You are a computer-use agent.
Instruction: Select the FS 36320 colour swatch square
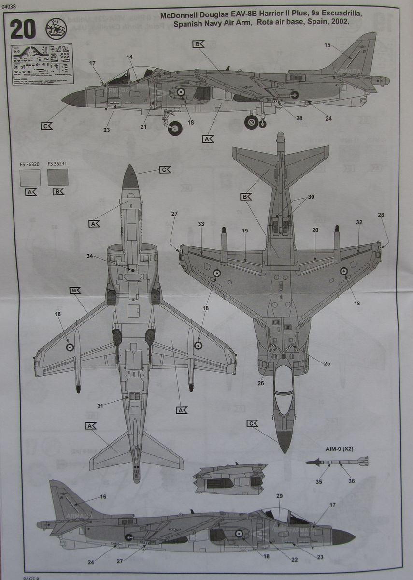pyautogui.click(x=30, y=177)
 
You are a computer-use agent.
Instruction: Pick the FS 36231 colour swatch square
pyautogui.click(x=57, y=177)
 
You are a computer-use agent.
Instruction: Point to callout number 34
pyautogui.click(x=90, y=256)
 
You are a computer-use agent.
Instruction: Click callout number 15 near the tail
pyautogui.click(x=328, y=45)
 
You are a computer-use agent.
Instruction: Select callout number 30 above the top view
pyautogui.click(x=310, y=197)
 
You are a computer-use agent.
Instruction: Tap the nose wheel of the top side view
pyautogui.click(x=175, y=127)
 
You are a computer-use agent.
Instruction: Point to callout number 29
pyautogui.click(x=279, y=496)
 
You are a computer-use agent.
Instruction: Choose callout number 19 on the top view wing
pyautogui.click(x=245, y=231)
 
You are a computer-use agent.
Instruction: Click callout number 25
pyautogui.click(x=327, y=363)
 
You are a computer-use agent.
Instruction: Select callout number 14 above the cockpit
pyautogui.click(x=129, y=57)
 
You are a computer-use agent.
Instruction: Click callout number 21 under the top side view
pyautogui.click(x=143, y=127)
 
